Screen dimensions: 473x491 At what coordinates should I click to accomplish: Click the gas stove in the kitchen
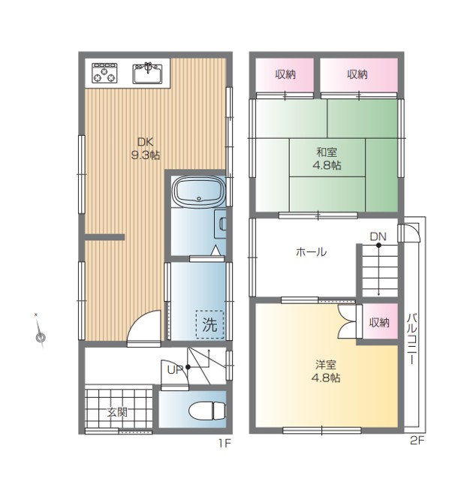click(x=104, y=74)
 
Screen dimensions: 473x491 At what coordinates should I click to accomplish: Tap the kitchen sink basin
click(x=148, y=74)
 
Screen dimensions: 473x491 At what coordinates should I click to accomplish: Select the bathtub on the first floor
click(x=200, y=191)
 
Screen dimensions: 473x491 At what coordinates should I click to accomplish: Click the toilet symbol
click(x=207, y=411)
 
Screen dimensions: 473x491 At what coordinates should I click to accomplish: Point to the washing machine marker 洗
click(x=209, y=324)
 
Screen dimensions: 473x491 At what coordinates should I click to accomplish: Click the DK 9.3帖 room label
click(x=146, y=149)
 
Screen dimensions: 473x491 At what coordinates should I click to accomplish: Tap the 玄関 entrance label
click(x=117, y=412)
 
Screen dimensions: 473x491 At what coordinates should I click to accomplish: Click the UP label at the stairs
click(x=175, y=370)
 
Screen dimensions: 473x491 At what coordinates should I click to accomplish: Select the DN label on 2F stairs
click(x=378, y=236)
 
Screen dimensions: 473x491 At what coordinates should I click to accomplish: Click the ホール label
click(x=311, y=252)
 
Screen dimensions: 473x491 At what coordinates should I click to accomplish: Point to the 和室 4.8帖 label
click(x=327, y=158)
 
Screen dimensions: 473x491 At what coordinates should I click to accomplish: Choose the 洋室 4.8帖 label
click(x=326, y=372)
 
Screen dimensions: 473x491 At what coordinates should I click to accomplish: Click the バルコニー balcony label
click(x=412, y=339)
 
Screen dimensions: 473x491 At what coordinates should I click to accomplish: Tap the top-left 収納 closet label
click(x=285, y=74)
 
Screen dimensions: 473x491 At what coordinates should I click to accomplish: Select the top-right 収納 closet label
click(x=357, y=74)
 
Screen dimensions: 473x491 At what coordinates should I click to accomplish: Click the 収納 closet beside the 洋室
click(x=379, y=322)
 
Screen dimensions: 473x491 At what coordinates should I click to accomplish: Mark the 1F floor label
click(x=224, y=443)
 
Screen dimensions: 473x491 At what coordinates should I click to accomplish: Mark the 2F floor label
click(x=417, y=441)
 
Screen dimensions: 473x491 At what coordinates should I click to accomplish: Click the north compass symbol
click(x=40, y=333)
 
